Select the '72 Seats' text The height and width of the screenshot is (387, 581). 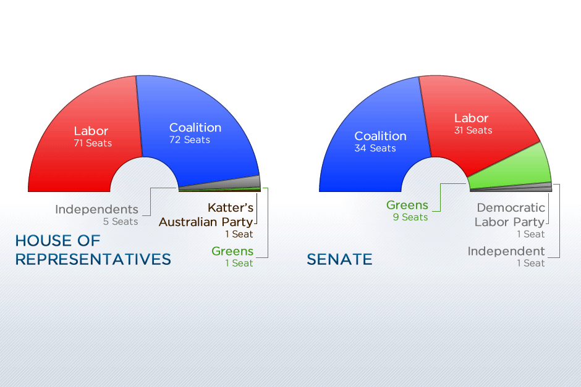pos(190,140)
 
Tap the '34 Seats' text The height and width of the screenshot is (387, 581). pos(375,149)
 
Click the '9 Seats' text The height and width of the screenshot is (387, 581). pos(410,217)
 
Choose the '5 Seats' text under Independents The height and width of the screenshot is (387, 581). pos(121,222)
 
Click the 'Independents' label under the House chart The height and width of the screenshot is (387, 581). pos(96,209)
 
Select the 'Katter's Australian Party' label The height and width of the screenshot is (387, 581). pos(206,215)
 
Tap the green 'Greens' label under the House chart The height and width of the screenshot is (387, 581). pos(232,251)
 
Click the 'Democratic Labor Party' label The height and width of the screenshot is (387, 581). pos(511,215)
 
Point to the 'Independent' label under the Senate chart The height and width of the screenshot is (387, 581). pos(506,251)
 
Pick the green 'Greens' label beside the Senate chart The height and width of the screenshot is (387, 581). pos(407,206)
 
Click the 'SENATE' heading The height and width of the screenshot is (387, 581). pos(340,259)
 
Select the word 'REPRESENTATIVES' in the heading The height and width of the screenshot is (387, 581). pos(93,259)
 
